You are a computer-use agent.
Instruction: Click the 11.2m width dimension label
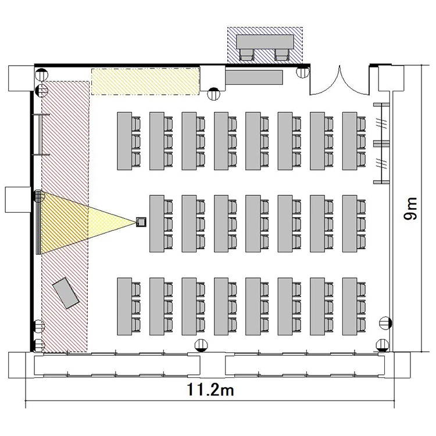point(210,389)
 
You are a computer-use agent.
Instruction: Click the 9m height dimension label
point(411,209)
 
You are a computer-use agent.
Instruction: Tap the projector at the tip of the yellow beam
point(141,222)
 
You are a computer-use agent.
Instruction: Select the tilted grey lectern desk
point(66,293)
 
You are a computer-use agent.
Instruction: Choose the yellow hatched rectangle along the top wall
point(145,81)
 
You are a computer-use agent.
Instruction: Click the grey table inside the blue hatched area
point(265,42)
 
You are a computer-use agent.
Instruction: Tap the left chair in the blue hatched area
point(246,55)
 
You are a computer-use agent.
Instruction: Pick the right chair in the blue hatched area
point(282,55)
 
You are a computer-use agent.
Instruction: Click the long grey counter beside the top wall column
point(254,77)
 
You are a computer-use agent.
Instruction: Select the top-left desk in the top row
point(124,141)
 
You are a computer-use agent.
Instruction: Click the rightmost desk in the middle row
point(350,224)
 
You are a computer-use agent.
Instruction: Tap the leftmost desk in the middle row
point(157,224)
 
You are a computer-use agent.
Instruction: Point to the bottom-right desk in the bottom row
point(350,306)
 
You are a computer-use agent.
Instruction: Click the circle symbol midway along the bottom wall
point(201,346)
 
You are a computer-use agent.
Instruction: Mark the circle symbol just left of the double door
point(303,72)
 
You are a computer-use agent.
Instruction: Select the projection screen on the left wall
point(38,223)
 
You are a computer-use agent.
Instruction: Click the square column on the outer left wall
point(18,200)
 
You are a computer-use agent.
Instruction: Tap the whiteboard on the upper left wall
point(41,135)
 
